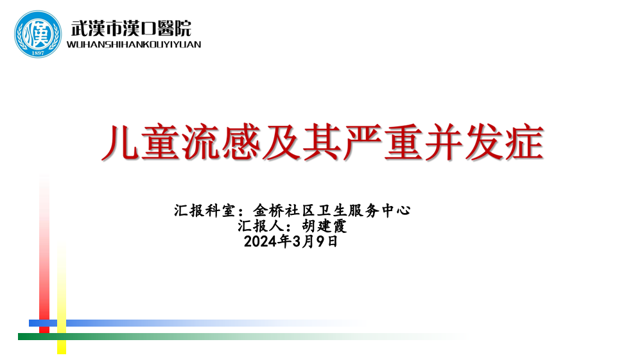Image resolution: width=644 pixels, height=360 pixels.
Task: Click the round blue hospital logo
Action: pyautogui.click(x=38, y=34)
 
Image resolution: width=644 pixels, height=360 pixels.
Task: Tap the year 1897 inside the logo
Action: pyautogui.click(x=38, y=53)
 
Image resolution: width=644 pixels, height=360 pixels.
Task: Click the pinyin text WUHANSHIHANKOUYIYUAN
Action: pyautogui.click(x=134, y=44)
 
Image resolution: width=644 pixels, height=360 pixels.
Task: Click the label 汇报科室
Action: pyautogui.click(x=204, y=210)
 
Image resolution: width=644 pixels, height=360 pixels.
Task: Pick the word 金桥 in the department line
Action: pyautogui.click(x=268, y=210)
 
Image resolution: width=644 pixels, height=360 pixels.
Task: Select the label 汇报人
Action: pyautogui.click(x=260, y=226)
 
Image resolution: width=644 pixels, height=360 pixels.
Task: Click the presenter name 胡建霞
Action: pyautogui.click(x=324, y=226)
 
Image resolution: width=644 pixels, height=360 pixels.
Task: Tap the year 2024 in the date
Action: pyautogui.click(x=260, y=241)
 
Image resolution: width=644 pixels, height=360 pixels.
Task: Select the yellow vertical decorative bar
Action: pyautogui.click(x=62, y=299)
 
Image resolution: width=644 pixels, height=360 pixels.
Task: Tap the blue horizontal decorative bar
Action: pyautogui.click(x=197, y=323)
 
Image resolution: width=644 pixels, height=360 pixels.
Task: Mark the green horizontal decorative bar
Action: pyautogui.click(x=242, y=337)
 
